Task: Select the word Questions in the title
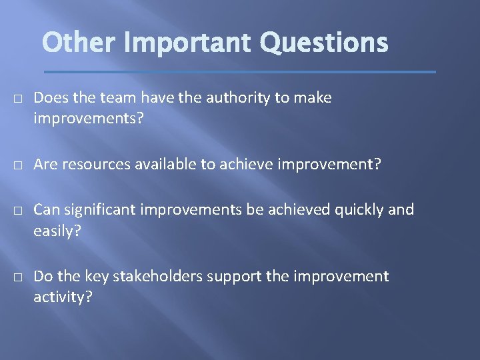click(324, 43)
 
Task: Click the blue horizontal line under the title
click(240, 71)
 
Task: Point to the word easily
click(57, 231)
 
